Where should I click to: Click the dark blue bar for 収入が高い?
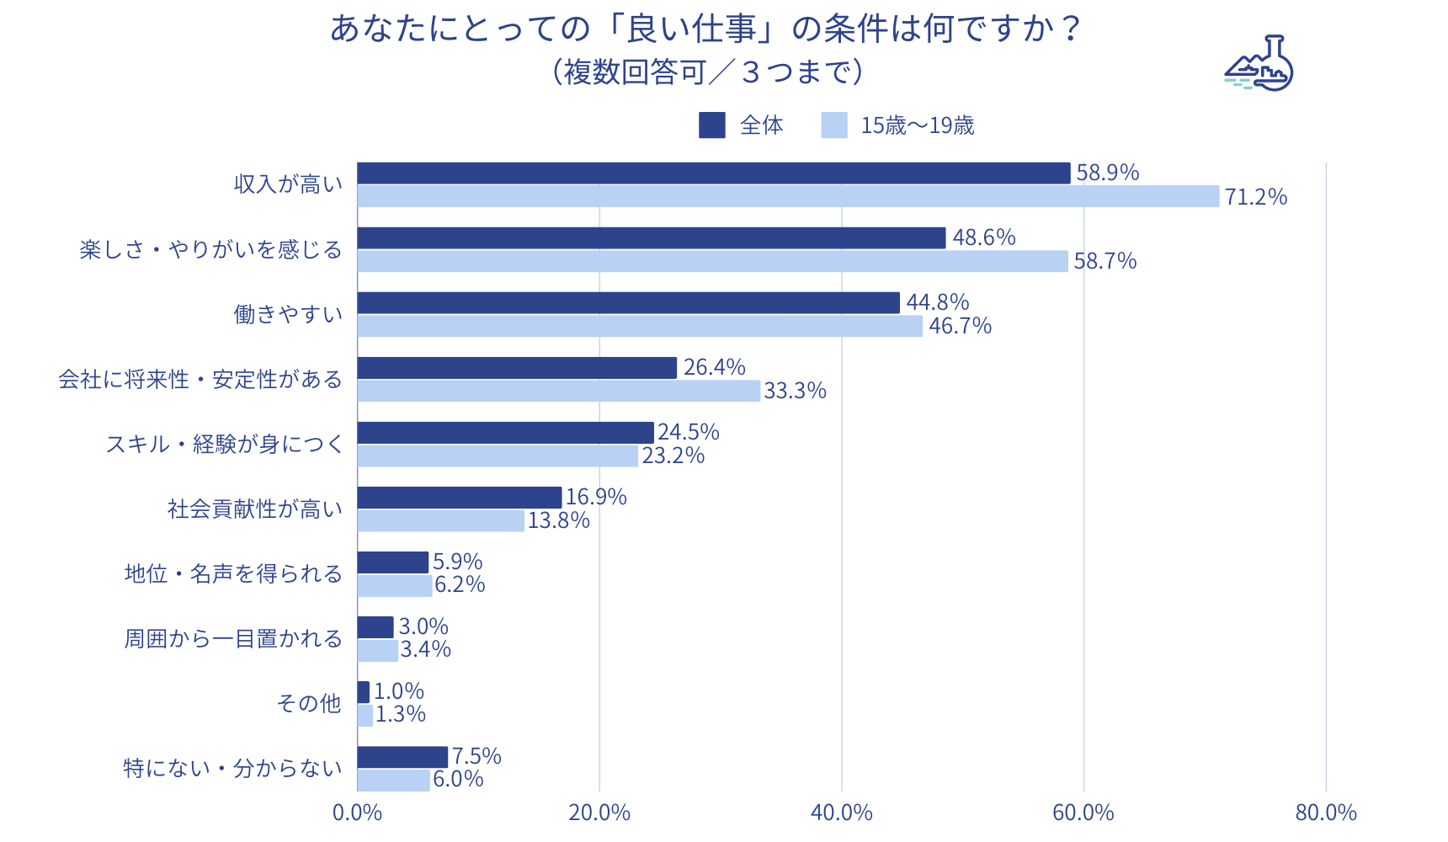(713, 173)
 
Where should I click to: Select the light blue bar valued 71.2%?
(788, 196)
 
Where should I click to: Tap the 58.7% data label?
(1105, 261)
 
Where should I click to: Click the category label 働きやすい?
(288, 315)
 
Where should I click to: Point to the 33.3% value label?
(795, 391)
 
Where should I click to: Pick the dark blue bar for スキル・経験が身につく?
(505, 433)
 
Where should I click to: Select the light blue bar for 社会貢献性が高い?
(440, 520)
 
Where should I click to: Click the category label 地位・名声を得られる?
(233, 574)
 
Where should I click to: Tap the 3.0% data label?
(423, 626)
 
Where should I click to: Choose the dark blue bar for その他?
(364, 692)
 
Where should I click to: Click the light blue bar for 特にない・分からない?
(393, 780)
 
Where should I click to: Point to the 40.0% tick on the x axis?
(841, 813)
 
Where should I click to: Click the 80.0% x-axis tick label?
(1325, 813)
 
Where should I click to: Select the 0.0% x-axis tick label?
(357, 813)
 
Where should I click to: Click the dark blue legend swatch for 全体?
(711, 125)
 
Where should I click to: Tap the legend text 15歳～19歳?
(917, 125)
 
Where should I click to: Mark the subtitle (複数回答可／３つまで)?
(707, 72)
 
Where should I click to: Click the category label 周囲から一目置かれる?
(233, 639)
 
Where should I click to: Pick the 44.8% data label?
(937, 302)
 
